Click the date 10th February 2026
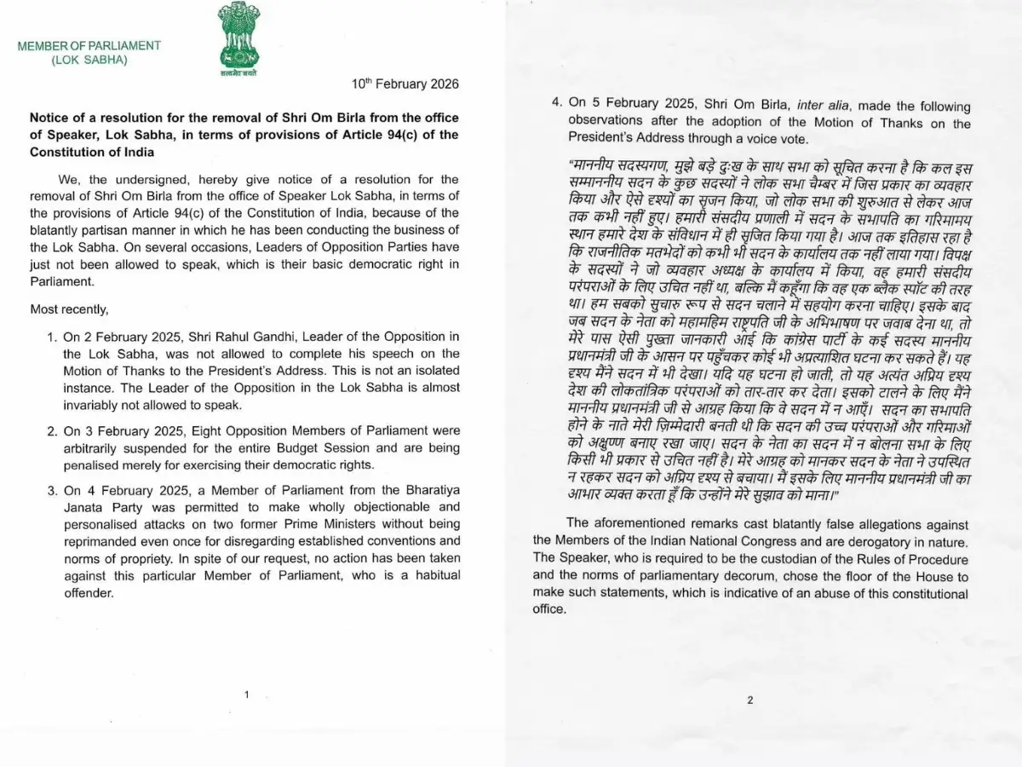(405, 84)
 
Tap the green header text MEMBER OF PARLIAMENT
(89, 45)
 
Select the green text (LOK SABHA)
(89, 60)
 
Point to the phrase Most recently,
(69, 309)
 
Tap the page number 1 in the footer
(246, 695)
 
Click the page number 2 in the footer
(749, 701)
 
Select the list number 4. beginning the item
(556, 107)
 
